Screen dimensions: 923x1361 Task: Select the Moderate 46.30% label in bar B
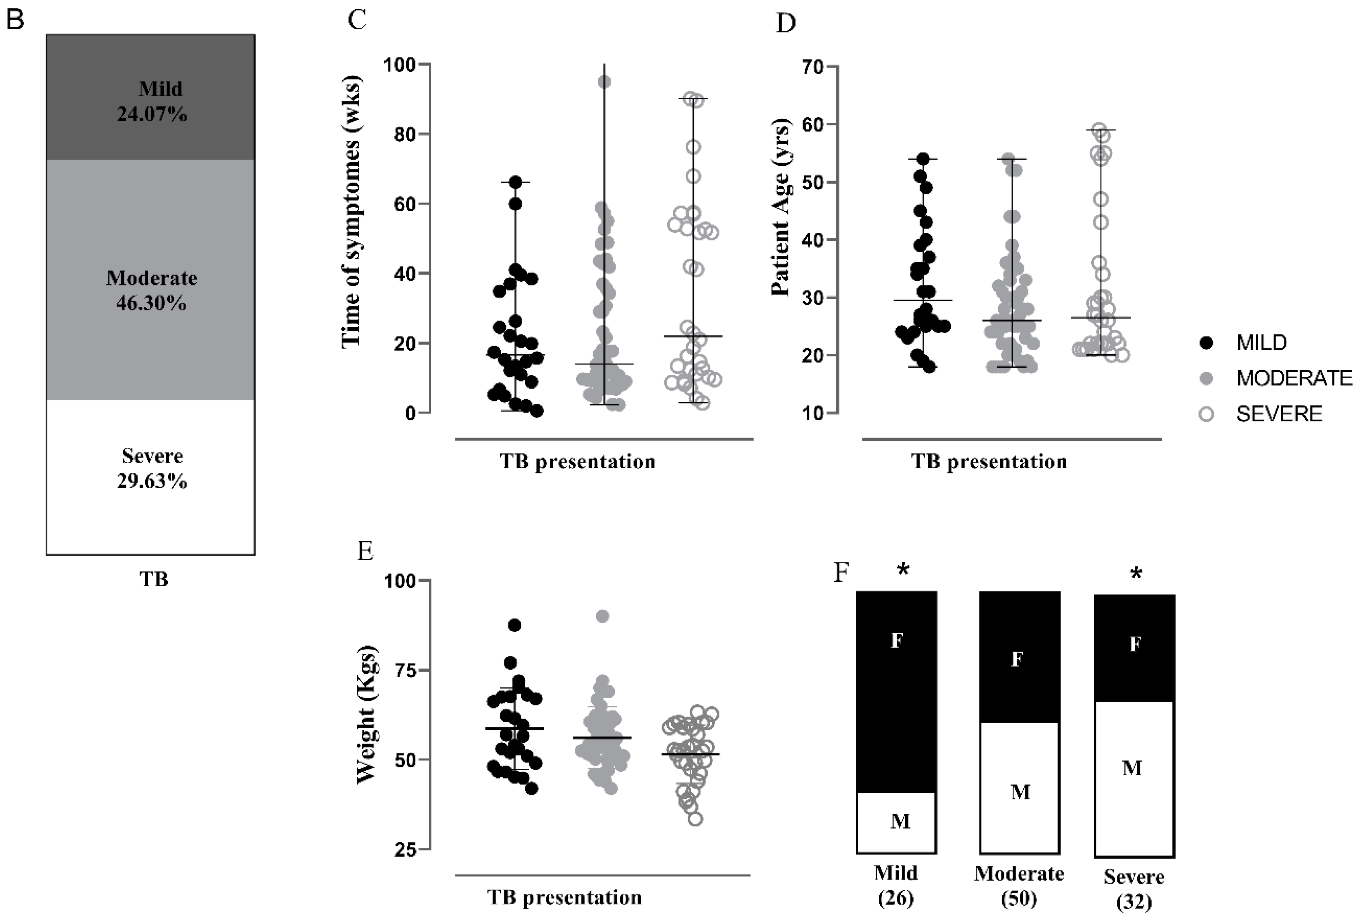tap(152, 290)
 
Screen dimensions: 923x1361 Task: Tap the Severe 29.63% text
tap(152, 468)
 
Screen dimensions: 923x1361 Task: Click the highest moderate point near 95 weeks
tap(604, 82)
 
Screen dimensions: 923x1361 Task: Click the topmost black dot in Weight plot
tap(514, 625)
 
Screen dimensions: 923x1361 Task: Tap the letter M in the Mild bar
tap(900, 821)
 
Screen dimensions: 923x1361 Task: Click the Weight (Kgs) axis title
tap(366, 715)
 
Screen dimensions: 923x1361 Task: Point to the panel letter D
tap(785, 23)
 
